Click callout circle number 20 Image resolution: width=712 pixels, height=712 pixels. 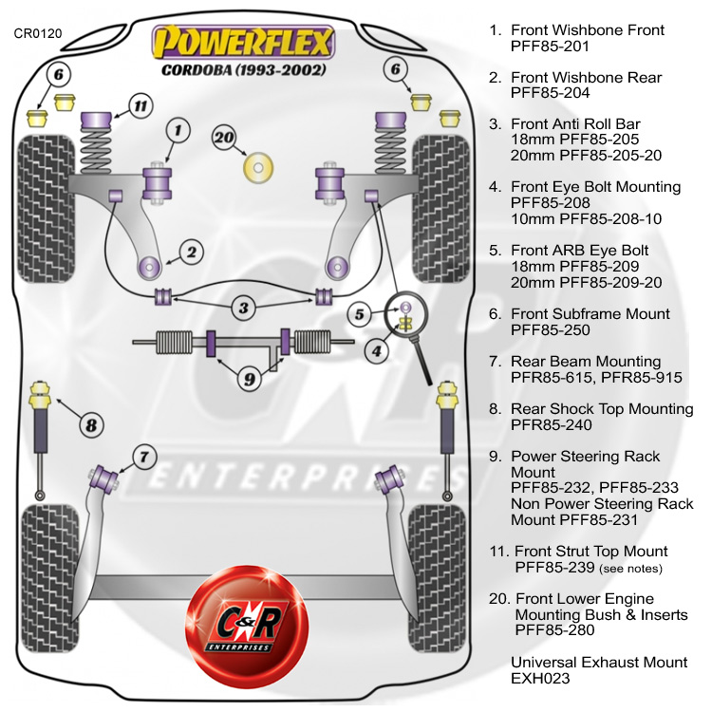point(224,137)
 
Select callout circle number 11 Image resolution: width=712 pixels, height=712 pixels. point(140,106)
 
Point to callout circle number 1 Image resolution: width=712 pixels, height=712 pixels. point(178,129)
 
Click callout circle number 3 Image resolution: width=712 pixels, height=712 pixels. point(244,308)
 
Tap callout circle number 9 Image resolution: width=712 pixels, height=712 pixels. point(249,379)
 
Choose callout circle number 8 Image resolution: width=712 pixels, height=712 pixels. point(91,424)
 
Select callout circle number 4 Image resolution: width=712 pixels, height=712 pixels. point(377,351)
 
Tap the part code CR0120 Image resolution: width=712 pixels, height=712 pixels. point(38,34)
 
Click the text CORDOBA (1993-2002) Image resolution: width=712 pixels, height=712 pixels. point(244,70)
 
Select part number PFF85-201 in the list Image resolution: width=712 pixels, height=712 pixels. point(550,46)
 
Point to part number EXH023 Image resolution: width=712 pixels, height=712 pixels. point(537,678)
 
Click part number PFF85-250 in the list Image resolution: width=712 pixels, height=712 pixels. point(550,330)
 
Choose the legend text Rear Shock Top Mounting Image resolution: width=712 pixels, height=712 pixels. point(602,409)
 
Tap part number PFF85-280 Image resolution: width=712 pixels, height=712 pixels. point(554,630)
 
